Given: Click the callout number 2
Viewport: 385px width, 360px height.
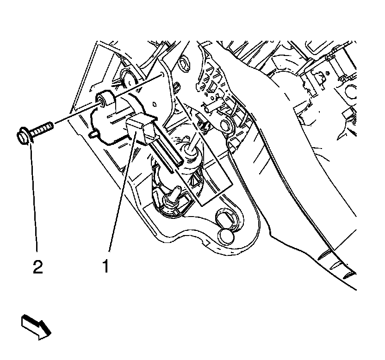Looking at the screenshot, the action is coord(37,267).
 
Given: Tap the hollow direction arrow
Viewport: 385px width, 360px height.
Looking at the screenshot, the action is coord(36,326).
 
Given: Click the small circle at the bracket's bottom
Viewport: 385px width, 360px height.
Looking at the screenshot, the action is coord(227,236).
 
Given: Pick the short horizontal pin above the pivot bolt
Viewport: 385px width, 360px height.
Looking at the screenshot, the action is coord(208,107).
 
